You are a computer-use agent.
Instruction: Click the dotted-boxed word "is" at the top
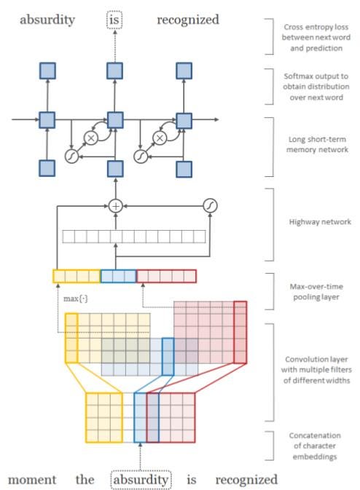[x=114, y=20]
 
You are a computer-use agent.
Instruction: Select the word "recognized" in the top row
[x=188, y=20]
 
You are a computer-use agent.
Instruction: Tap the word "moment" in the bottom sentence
[x=32, y=479]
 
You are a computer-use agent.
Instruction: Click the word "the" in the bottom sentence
[x=85, y=479]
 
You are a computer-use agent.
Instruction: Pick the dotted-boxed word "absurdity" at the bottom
[x=141, y=480]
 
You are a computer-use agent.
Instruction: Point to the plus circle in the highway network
[x=116, y=206]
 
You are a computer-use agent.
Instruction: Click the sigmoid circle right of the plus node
[x=210, y=205]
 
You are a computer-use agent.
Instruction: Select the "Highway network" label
[x=320, y=222]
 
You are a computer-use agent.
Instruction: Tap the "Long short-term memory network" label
[x=317, y=144]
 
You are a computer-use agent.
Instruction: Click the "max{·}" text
[x=75, y=299]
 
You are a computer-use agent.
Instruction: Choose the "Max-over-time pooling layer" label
[x=316, y=291]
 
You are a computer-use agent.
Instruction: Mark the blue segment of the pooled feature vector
[x=118, y=276]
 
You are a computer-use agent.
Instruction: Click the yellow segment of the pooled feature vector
[x=77, y=276]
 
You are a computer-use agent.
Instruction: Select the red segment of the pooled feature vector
[x=166, y=276]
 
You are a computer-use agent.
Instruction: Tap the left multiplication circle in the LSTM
[x=91, y=138]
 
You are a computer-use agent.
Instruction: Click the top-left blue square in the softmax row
[x=47, y=71]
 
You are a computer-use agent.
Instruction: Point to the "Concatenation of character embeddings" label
[x=315, y=446]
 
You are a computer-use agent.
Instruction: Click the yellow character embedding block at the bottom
[x=104, y=417]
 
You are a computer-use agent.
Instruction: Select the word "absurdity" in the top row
[x=47, y=20]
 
